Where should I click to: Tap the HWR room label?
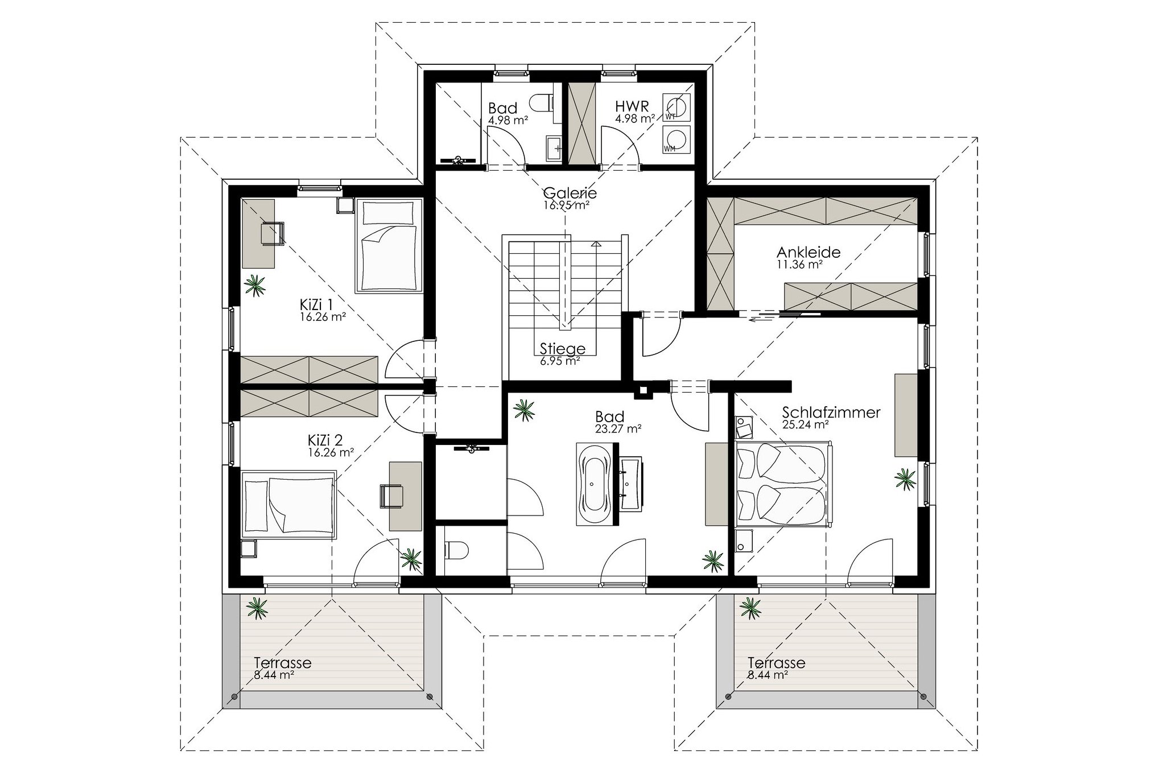[629, 107]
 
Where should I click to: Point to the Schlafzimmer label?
[831, 412]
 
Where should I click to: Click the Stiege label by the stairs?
[562, 349]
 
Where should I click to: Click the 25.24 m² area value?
[805, 424]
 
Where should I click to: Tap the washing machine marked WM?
[678, 140]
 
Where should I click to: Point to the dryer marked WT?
[678, 108]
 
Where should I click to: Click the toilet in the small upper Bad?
[542, 103]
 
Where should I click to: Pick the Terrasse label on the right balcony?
[776, 662]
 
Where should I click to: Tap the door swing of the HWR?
[621, 147]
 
